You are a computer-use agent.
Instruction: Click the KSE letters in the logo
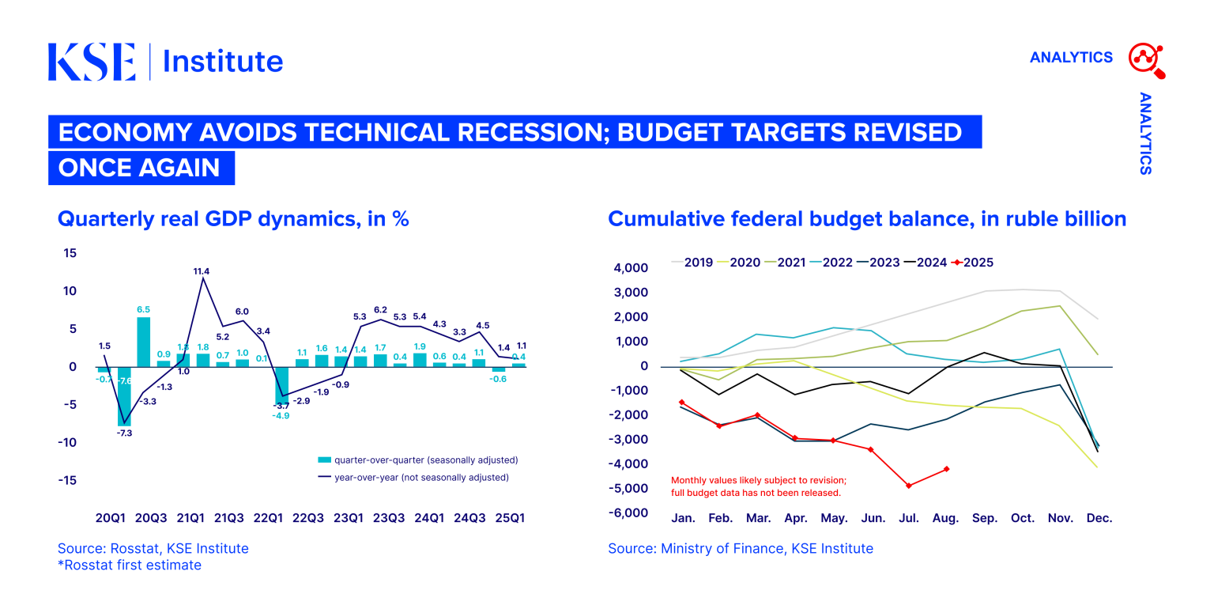92,62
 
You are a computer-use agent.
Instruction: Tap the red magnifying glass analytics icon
1147,60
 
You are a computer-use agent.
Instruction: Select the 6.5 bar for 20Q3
143,342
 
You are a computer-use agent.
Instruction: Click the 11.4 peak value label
202,271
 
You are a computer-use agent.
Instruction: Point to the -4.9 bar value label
281,415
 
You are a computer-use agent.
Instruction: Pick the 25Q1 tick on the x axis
510,519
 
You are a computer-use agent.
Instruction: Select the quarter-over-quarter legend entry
417,460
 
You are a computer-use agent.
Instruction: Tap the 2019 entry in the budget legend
692,263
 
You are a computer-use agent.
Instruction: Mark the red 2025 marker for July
909,486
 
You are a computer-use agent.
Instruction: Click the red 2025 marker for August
946,469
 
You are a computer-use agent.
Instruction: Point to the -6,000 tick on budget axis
630,513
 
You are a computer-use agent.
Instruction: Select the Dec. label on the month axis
1099,519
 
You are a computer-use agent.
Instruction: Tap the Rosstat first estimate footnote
130,565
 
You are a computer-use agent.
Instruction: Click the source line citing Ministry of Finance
741,548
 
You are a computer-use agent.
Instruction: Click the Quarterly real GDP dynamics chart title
233,219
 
